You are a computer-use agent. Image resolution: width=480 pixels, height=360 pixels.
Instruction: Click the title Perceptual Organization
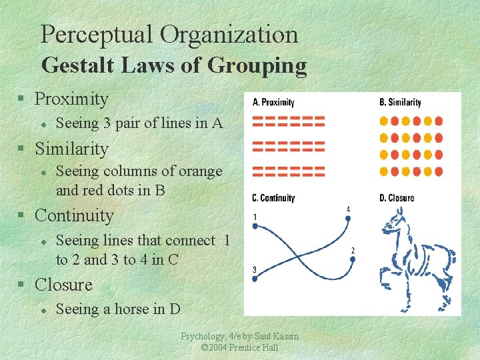point(169,35)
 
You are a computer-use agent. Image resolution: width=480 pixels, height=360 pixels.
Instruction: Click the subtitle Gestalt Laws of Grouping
point(174,65)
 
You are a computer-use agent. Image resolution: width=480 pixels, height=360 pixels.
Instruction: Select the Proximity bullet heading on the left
point(71,99)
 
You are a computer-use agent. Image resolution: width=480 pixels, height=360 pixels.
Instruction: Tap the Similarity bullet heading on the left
point(71,147)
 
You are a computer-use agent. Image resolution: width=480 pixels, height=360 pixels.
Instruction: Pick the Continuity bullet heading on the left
point(74,215)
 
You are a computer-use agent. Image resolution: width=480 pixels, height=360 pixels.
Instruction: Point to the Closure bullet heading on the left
point(63,285)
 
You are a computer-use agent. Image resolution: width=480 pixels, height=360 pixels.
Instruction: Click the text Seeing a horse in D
point(118,309)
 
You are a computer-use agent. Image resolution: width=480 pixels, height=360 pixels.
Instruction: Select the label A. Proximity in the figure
point(273,103)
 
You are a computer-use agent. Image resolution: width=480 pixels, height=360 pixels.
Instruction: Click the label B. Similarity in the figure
point(400,103)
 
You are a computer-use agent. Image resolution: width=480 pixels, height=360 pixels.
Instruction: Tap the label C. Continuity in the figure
point(273,198)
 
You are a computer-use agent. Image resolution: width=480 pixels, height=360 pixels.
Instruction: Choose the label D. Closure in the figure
point(397,198)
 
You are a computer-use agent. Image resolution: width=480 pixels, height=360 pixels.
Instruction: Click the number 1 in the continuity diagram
point(255,217)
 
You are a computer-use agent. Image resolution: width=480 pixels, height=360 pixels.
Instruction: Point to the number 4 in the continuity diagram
point(348,210)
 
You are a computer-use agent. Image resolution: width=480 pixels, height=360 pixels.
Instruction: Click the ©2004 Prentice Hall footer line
point(239,348)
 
